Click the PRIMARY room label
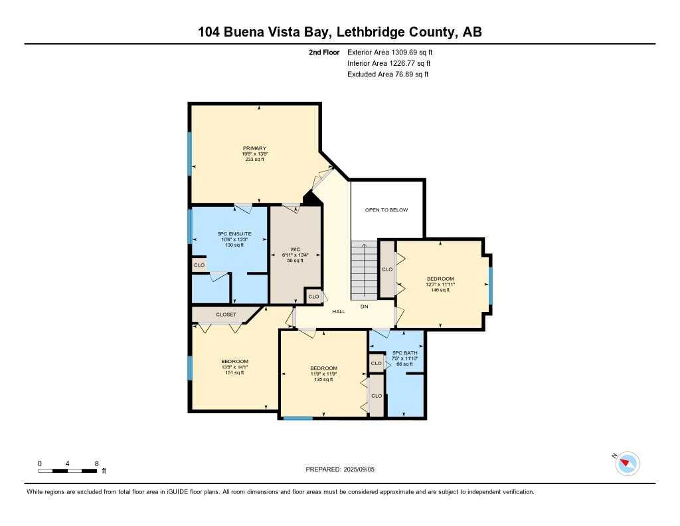[254, 148]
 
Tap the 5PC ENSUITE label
[230, 233]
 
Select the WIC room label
[295, 249]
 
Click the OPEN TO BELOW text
[386, 210]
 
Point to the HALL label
[338, 311]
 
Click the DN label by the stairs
[364, 307]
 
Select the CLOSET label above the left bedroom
[226, 315]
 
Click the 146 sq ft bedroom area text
[440, 290]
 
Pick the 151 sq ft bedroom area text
[235, 372]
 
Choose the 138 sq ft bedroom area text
[323, 379]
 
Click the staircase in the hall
[364, 269]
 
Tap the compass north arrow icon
[627, 463]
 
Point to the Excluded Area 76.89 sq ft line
[388, 74]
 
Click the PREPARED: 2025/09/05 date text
[344, 469]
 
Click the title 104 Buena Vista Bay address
[339, 32]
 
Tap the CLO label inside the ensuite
[199, 265]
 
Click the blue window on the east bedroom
[490, 285]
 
